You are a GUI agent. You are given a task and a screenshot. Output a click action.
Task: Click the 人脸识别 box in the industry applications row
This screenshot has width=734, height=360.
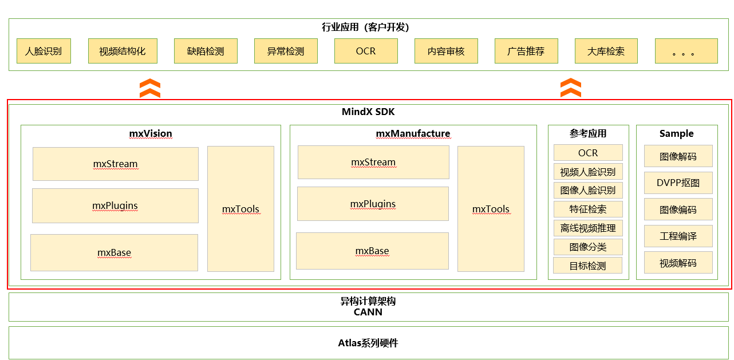(44, 51)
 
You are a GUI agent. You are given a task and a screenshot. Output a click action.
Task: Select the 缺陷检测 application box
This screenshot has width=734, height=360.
(206, 51)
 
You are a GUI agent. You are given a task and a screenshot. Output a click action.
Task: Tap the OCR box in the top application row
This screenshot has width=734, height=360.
(366, 51)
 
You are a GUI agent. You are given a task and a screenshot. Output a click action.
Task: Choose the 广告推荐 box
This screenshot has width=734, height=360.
(526, 51)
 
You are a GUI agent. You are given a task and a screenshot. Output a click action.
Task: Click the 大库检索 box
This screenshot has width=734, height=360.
(606, 51)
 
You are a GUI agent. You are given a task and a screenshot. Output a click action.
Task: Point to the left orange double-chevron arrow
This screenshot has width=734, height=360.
(150, 89)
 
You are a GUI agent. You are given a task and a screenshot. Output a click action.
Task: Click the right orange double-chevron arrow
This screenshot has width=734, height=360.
(571, 88)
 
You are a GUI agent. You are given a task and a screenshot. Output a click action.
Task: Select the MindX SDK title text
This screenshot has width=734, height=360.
(368, 112)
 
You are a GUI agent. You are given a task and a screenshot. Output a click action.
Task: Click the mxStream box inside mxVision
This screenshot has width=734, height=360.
(115, 164)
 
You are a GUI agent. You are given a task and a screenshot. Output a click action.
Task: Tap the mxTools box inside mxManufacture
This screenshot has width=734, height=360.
(491, 209)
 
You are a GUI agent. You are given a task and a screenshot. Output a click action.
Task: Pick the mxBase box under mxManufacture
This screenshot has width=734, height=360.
(372, 251)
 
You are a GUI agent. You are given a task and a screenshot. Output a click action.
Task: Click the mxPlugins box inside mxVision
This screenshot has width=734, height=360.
(115, 205)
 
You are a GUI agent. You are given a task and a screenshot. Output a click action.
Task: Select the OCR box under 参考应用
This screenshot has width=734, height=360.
(588, 153)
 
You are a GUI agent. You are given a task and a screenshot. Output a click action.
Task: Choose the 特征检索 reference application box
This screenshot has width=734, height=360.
(588, 209)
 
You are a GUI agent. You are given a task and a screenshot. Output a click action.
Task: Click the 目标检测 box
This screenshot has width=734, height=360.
(587, 266)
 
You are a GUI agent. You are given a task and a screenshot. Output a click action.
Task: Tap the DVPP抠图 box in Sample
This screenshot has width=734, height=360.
(678, 183)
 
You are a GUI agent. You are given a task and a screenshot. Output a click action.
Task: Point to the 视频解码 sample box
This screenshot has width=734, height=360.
(678, 263)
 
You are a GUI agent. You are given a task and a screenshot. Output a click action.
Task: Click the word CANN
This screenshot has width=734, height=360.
(368, 312)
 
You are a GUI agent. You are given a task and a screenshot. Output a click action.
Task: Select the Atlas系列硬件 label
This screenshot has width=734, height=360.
(368, 343)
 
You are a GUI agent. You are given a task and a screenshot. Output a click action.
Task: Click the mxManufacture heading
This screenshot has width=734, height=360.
(413, 133)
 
